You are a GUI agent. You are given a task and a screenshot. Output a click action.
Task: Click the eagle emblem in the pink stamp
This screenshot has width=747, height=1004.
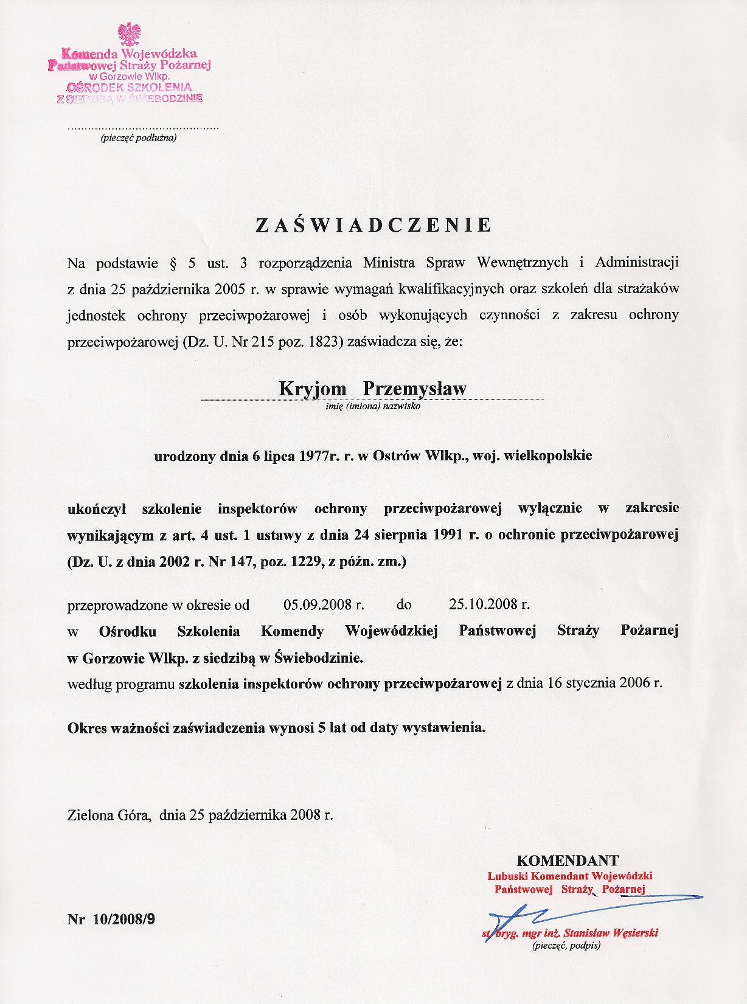129,35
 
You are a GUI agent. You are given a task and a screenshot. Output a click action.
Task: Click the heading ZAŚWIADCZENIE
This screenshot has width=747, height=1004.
373,225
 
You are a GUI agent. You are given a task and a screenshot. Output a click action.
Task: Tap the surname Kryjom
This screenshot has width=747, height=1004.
313,389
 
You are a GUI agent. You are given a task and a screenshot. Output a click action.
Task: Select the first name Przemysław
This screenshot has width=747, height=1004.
414,389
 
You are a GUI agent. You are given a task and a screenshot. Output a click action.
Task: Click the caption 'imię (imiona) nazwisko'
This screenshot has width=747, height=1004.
373,406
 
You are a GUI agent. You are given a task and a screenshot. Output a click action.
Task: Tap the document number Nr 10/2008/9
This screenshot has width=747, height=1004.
111,919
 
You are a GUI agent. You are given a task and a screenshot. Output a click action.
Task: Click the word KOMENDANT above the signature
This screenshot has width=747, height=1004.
568,860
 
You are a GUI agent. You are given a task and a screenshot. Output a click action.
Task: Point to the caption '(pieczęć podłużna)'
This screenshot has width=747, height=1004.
138,138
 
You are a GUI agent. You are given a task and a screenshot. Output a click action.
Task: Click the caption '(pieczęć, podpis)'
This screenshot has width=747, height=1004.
566,946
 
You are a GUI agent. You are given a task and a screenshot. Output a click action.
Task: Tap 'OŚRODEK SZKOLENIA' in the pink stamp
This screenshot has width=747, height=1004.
129,87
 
